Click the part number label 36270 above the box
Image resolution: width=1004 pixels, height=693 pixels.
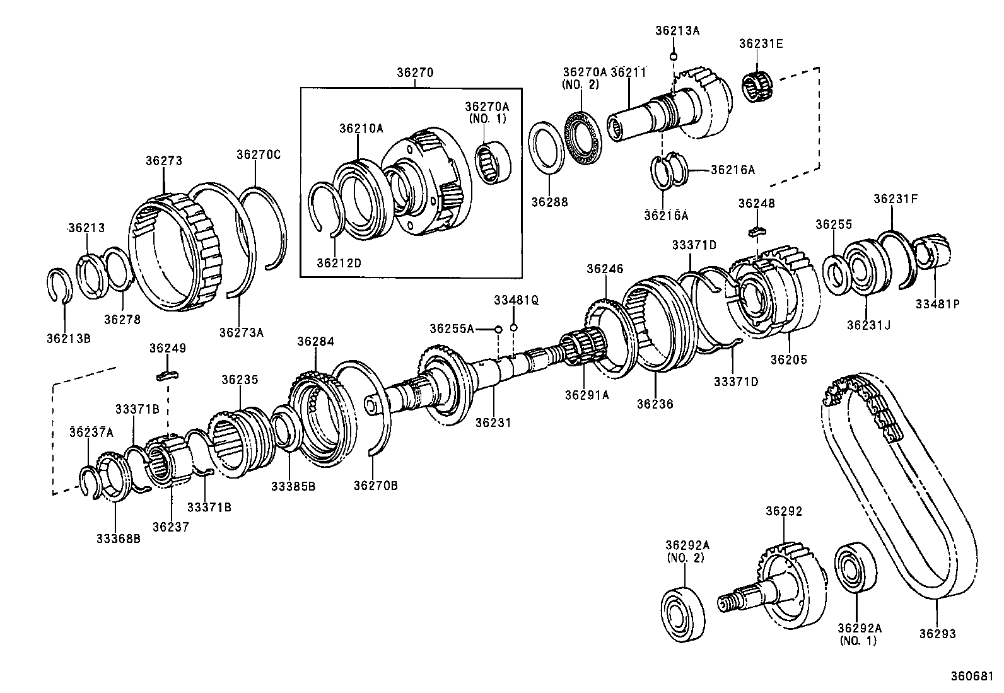[414, 73]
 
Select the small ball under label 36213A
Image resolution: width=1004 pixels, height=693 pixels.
[673, 57]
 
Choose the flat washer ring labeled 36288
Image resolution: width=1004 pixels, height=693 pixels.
[546, 147]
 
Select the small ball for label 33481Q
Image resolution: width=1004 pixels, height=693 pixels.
[514, 327]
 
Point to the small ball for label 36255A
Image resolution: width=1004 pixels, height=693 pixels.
[498, 329]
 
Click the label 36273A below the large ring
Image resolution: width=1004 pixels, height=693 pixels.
[241, 332]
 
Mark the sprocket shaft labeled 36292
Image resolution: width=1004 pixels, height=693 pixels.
[782, 580]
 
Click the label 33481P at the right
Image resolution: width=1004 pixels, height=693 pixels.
[937, 303]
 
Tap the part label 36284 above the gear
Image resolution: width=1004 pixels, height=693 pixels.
[315, 342]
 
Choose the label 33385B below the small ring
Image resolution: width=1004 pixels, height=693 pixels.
[293, 486]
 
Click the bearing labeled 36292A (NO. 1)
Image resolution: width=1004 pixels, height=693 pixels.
[855, 568]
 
